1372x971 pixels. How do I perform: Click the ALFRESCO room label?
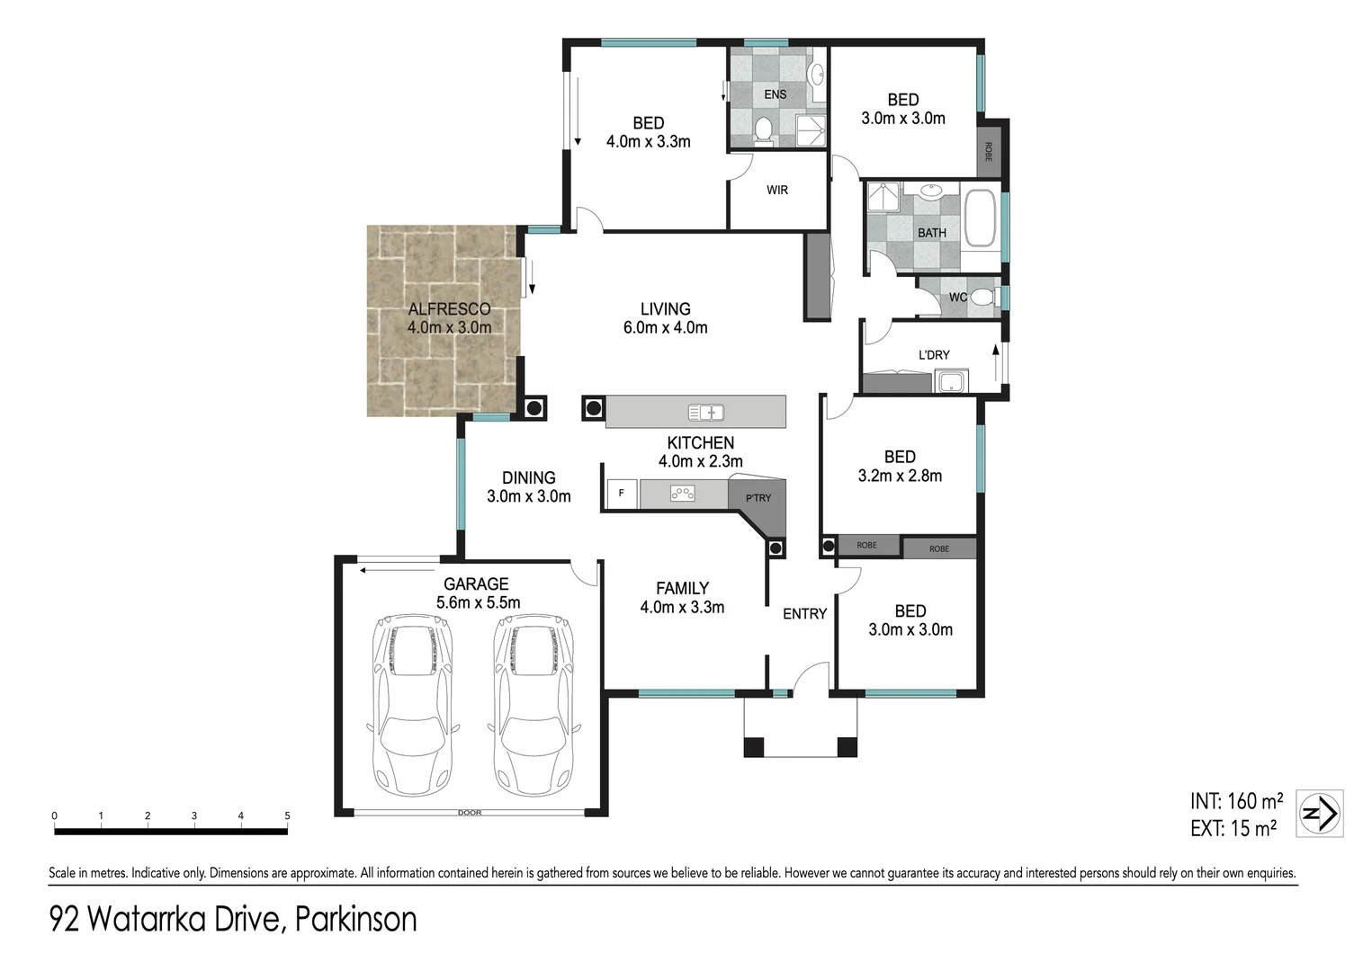pyautogui.click(x=449, y=309)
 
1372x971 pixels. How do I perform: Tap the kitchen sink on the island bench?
pyautogui.click(x=706, y=413)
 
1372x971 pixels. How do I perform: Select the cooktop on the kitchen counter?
pyautogui.click(x=683, y=493)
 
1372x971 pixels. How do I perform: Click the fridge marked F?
pyautogui.click(x=622, y=494)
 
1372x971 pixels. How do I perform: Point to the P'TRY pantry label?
pyautogui.click(x=758, y=498)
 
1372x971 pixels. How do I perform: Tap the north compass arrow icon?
pyautogui.click(x=1320, y=814)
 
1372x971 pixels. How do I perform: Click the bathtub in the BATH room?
pyautogui.click(x=980, y=218)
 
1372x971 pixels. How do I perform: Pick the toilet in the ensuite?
pyautogui.click(x=763, y=130)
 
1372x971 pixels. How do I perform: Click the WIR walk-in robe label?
pyautogui.click(x=777, y=191)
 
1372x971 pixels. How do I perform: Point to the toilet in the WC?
pyautogui.click(x=984, y=297)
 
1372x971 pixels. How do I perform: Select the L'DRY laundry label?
pyautogui.click(x=934, y=355)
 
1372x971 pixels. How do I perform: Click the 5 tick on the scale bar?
pyautogui.click(x=288, y=816)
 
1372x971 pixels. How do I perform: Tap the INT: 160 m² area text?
pyautogui.click(x=1236, y=801)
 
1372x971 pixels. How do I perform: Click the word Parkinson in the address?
pyautogui.click(x=356, y=920)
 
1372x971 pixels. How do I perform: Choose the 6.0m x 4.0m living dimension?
pyautogui.click(x=665, y=328)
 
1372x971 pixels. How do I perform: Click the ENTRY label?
pyautogui.click(x=804, y=614)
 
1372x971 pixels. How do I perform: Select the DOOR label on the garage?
pyautogui.click(x=470, y=813)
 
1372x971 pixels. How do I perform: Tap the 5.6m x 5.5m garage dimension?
pyautogui.click(x=478, y=603)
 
